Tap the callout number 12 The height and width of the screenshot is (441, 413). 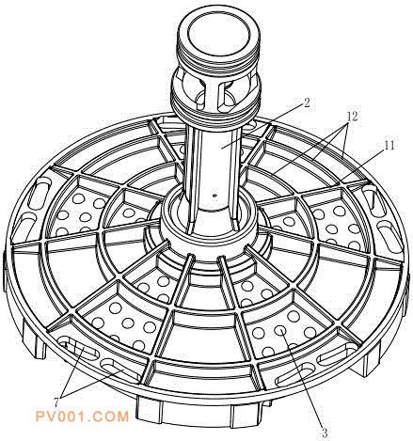352,117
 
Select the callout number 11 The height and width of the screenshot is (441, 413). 389,145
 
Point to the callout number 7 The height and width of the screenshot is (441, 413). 56,402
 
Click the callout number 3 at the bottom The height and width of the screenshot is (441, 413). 325,433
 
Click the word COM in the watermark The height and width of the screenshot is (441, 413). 112,417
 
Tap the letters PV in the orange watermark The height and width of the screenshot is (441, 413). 46,417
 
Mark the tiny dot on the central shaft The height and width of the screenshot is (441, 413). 214,196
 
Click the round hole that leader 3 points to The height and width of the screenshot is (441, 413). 279,330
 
